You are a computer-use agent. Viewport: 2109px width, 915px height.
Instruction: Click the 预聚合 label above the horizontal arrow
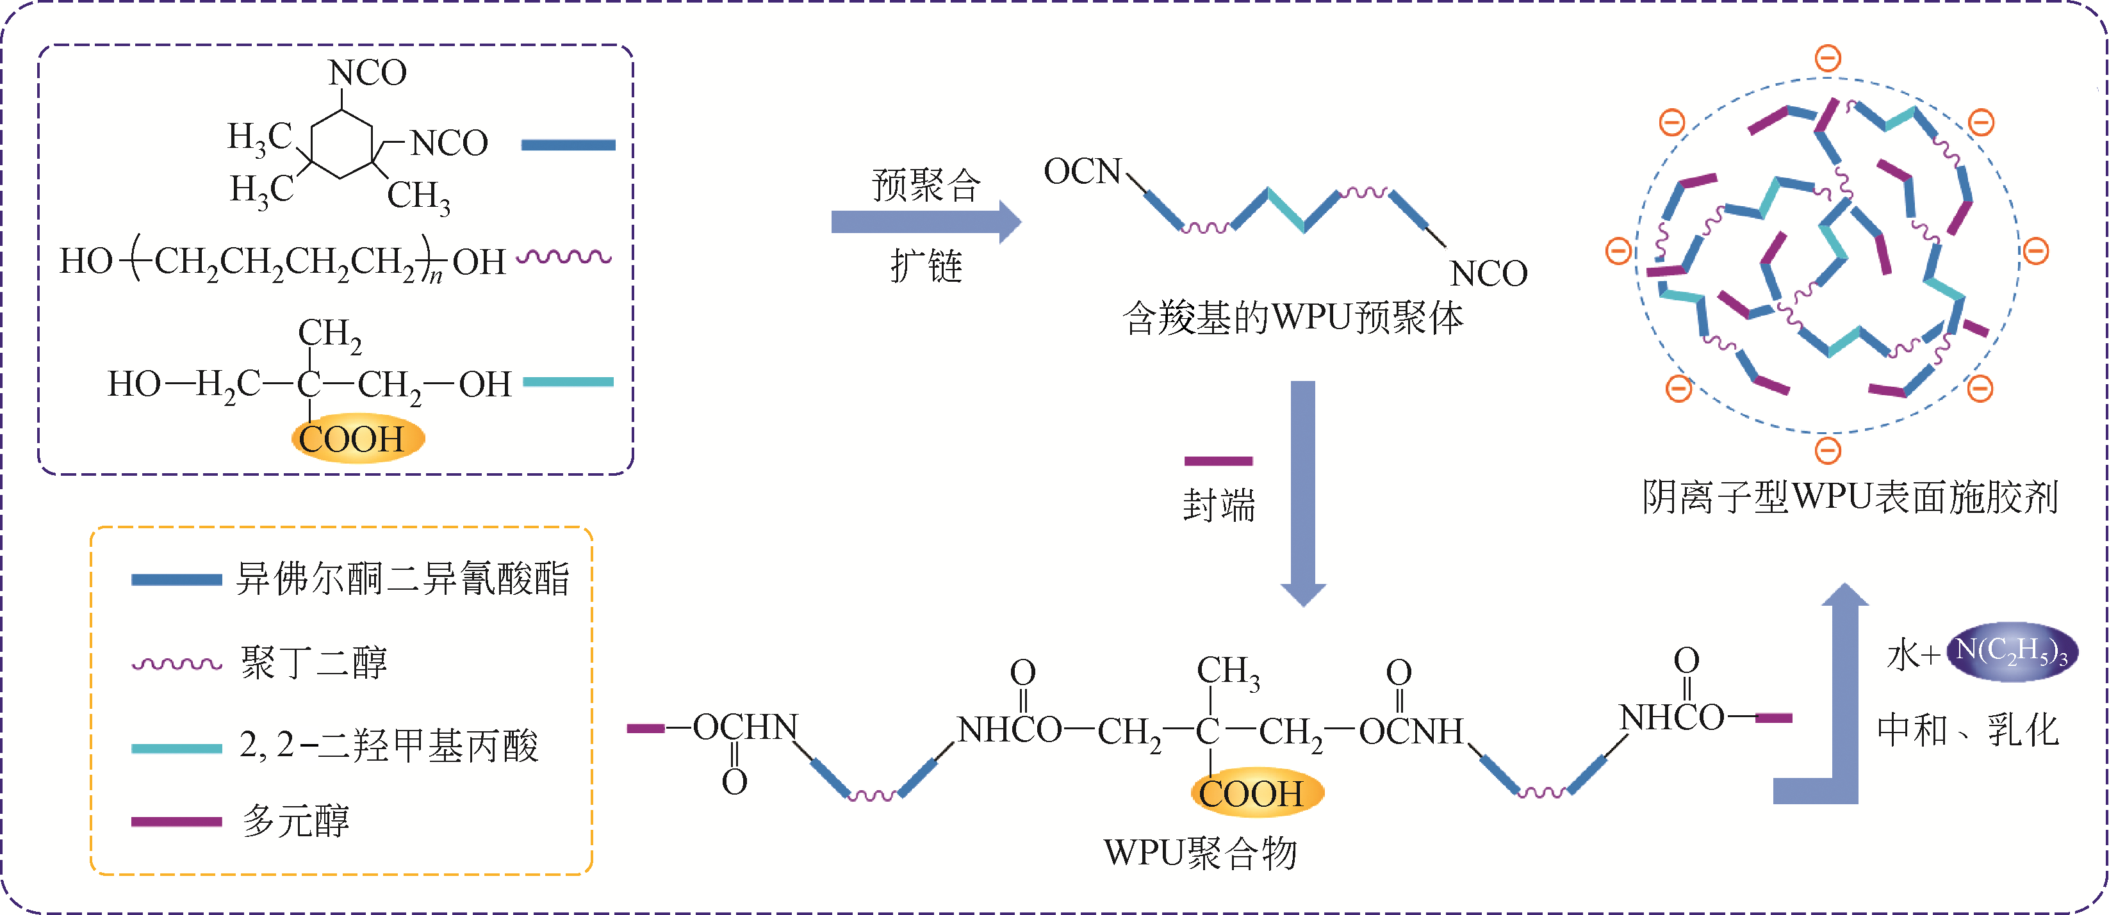(926, 185)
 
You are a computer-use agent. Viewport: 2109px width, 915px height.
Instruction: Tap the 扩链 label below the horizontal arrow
(926, 266)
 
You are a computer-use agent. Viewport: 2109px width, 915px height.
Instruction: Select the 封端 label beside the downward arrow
(1219, 505)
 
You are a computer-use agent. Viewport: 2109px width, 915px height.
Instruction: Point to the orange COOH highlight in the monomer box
(357, 439)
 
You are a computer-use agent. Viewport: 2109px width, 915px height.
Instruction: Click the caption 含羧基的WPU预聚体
(1292, 318)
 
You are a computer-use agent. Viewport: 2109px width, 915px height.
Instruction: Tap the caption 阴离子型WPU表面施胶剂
(1850, 498)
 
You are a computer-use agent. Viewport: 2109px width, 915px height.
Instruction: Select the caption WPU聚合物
(1200, 854)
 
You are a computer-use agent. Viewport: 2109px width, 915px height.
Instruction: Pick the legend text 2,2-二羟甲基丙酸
(389, 745)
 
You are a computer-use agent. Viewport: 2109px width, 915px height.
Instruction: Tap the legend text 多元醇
(295, 821)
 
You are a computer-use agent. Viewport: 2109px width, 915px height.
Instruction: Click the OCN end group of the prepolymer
(1081, 172)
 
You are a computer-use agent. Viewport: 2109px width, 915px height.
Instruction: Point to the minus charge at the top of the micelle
(1828, 58)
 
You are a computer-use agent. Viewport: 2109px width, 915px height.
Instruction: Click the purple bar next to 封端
(1219, 461)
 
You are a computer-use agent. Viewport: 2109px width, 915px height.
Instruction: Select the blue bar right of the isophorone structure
(568, 145)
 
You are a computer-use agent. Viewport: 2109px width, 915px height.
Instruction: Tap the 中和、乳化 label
(1967, 730)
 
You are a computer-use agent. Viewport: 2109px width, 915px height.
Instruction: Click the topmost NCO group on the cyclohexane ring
(368, 73)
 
